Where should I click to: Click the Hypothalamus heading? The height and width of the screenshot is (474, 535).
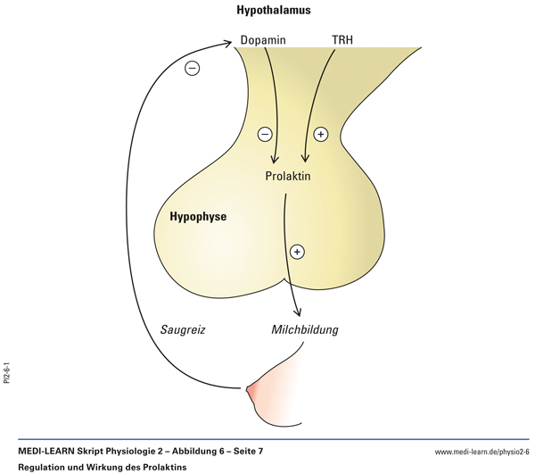(x=274, y=12)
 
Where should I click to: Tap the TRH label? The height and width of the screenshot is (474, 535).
(x=342, y=41)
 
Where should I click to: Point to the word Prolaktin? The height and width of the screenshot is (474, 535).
(x=288, y=176)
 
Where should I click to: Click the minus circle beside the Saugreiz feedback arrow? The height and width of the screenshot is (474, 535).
(x=192, y=69)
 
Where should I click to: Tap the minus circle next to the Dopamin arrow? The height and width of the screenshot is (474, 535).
(x=265, y=135)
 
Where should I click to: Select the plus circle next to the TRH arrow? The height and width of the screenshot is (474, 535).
(x=321, y=135)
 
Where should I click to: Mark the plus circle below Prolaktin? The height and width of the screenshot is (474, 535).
(x=298, y=252)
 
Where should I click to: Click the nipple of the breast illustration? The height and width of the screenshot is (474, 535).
(x=251, y=388)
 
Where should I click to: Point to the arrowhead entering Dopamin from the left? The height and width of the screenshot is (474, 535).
(x=233, y=41)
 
